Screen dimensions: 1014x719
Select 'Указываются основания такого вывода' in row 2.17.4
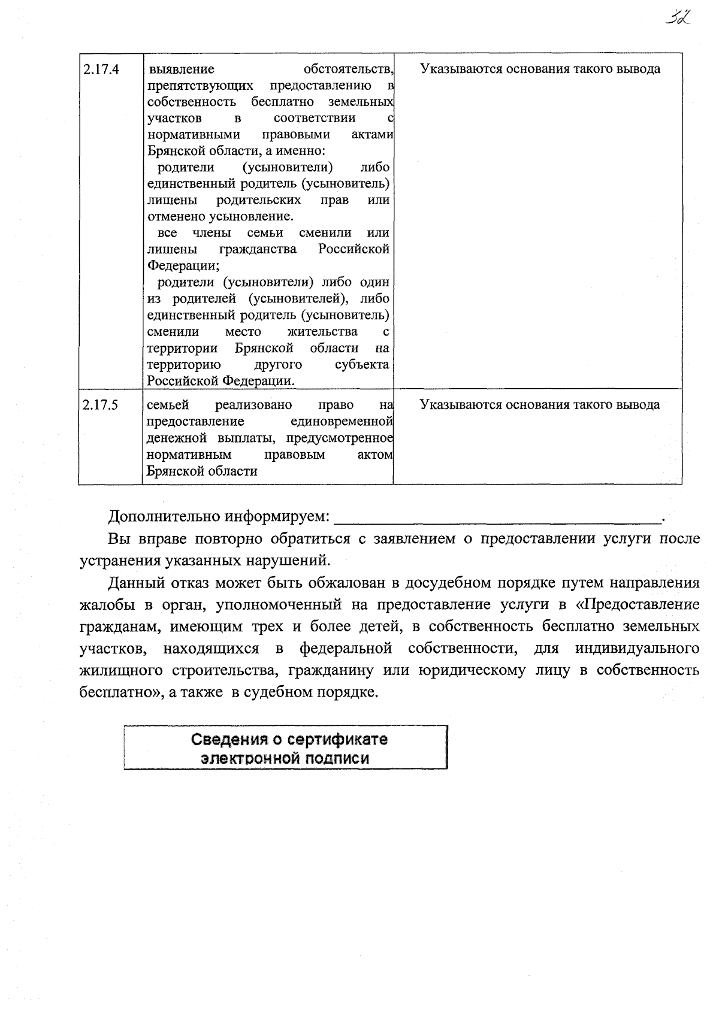click(x=540, y=69)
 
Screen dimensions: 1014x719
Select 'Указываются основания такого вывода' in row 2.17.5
click(x=540, y=405)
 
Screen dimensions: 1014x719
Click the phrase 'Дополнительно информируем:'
click(x=218, y=516)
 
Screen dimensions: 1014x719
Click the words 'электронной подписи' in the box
click(x=285, y=758)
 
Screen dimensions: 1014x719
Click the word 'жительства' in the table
click(x=322, y=331)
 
